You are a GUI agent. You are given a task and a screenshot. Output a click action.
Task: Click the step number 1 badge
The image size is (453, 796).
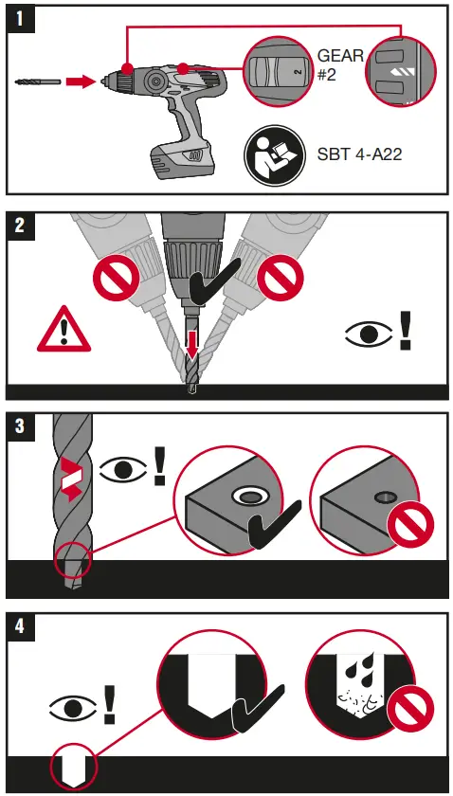point(19,19)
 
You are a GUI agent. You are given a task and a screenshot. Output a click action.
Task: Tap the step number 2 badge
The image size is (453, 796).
point(19,225)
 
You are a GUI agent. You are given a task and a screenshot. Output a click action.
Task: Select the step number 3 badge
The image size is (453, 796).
point(19,425)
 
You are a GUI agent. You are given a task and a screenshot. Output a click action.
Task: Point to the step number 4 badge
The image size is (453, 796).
point(19,625)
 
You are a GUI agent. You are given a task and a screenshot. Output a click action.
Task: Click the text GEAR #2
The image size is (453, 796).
point(340,64)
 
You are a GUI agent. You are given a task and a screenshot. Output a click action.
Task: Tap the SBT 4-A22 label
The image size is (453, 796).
point(359,154)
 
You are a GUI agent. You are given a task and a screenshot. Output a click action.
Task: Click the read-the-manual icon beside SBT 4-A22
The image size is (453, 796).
point(275,154)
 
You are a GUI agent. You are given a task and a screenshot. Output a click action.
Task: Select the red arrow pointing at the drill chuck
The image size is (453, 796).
point(81,81)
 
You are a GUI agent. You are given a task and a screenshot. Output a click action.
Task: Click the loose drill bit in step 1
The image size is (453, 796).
point(38,81)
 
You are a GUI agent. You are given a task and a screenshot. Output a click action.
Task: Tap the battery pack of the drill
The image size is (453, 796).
point(181,157)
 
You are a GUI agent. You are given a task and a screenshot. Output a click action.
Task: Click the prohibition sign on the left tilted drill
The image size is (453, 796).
point(117,277)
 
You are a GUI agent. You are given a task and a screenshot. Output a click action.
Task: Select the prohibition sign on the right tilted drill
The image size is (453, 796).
point(281,277)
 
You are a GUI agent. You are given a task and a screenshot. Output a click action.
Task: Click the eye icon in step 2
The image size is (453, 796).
point(369,335)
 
